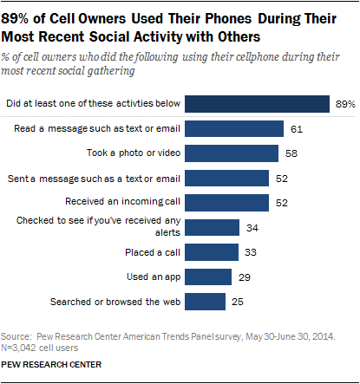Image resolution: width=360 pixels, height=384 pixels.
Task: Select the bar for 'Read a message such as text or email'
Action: pos(235,128)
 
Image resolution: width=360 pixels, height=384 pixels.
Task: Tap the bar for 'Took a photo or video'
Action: pos(232,153)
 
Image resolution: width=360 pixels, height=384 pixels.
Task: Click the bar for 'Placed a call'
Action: pos(211,252)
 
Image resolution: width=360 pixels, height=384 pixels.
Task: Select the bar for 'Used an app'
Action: pos(208,277)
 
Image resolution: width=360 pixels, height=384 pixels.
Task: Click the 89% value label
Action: pos(344,104)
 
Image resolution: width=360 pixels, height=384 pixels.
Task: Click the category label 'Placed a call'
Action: pos(154,252)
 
